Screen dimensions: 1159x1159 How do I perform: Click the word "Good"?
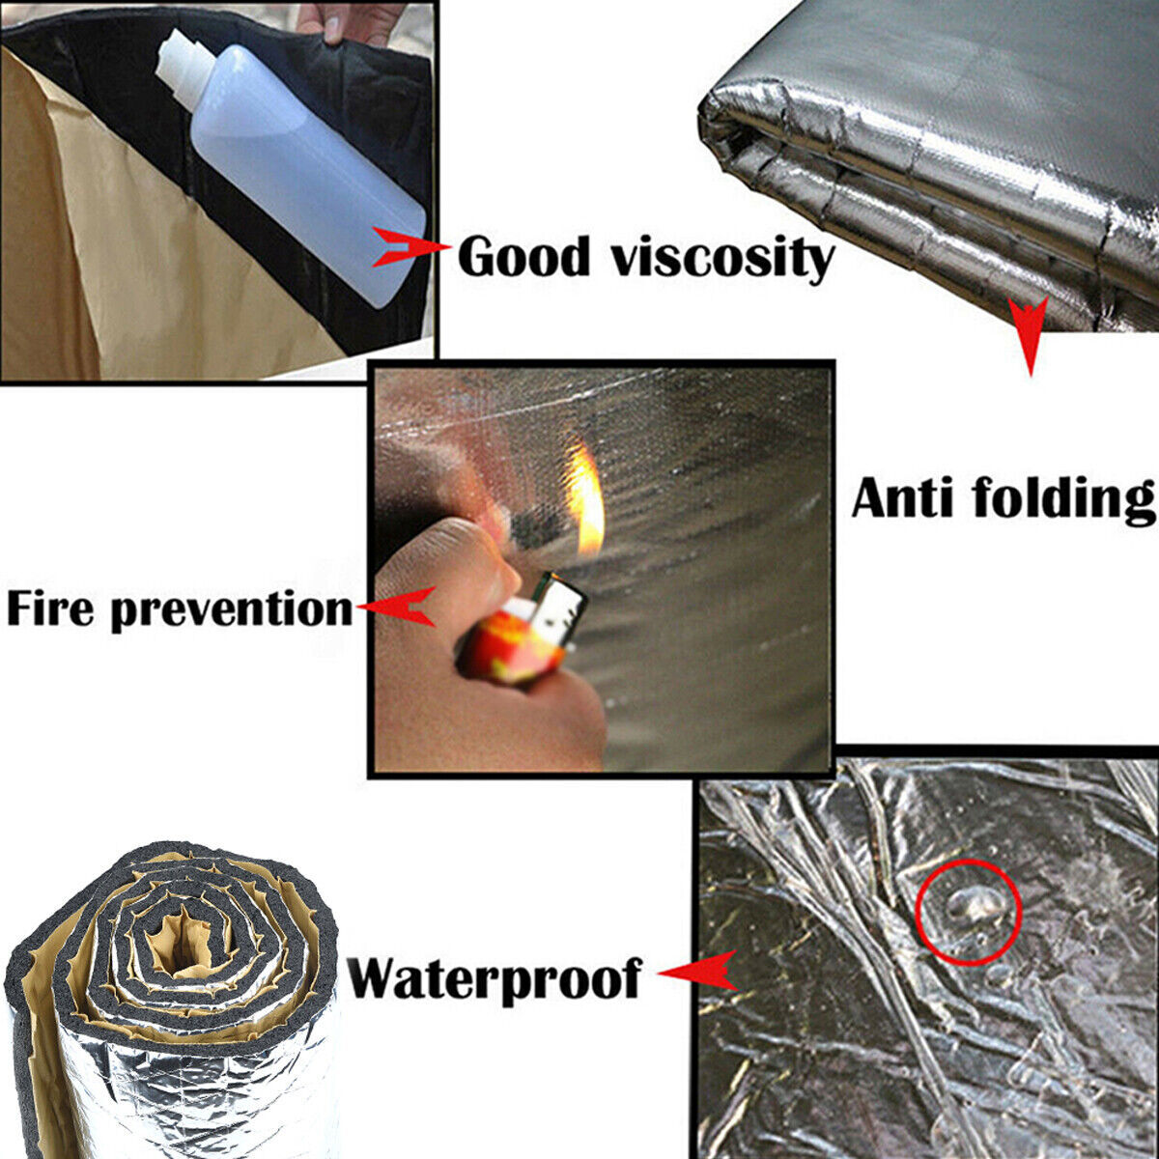tap(523, 256)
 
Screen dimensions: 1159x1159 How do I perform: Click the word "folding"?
tap(1062, 499)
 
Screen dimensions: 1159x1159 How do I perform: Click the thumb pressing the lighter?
tap(444, 570)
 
